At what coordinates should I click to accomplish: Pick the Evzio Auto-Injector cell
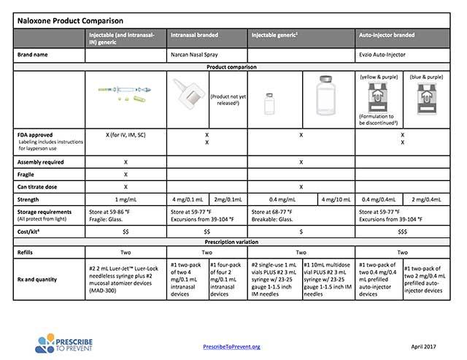tap(382, 55)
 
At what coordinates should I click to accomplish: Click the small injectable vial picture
tap(268, 102)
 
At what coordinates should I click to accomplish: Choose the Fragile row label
tap(28, 175)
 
